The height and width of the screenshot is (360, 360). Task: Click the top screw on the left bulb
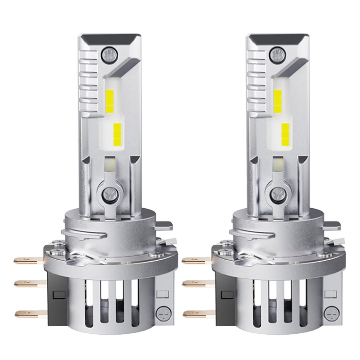coord(109,52)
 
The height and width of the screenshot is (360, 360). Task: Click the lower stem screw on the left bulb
coord(109,194)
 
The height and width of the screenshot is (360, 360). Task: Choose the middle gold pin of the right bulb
coord(197,283)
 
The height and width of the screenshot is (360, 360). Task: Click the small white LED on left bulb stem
coord(109,165)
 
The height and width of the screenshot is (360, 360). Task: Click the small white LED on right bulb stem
coord(277,165)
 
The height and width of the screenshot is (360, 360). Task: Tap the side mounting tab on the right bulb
coord(331,225)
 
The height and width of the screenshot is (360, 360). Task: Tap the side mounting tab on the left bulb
coord(164,225)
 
